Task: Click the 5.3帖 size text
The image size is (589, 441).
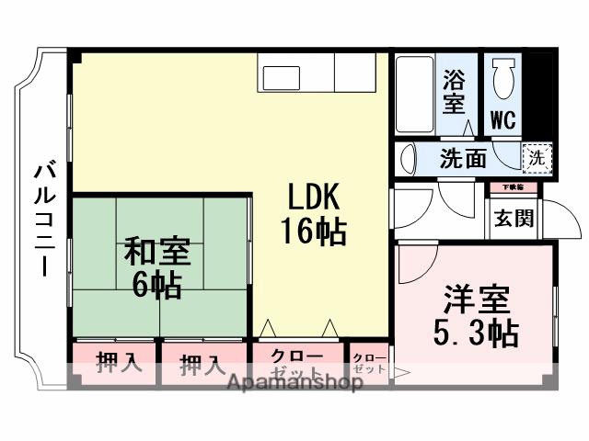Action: coord(476,332)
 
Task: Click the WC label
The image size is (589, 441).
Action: coord(502,120)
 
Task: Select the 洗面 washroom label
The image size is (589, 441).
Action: coord(462,158)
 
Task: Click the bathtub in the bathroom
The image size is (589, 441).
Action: coord(415,96)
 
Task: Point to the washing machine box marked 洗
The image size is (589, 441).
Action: coord(537,156)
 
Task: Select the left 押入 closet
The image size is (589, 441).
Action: coord(119,362)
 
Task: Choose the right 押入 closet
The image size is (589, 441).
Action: coord(202,364)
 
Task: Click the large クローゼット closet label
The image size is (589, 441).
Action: coord(296,364)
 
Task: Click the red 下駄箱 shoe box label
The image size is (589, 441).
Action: coord(513,188)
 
